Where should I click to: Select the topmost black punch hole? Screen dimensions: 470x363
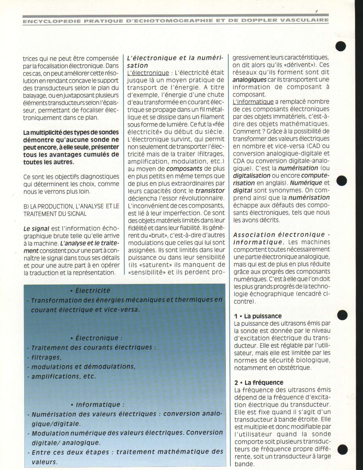pos(341,46)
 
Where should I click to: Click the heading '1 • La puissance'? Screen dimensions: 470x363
pos(258,316)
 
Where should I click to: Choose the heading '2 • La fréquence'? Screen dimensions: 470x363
pos(259,383)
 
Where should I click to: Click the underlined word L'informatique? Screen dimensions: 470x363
pos(253,102)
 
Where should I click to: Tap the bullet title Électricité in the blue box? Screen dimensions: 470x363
pos(93,291)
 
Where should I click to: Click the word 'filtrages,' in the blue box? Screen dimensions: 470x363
pos(46,357)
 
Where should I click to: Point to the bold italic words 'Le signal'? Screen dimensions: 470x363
pos(36,228)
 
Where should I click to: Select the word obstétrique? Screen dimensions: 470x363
pos(294,367)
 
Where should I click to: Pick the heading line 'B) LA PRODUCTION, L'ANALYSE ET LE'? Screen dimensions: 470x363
pos(71,206)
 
